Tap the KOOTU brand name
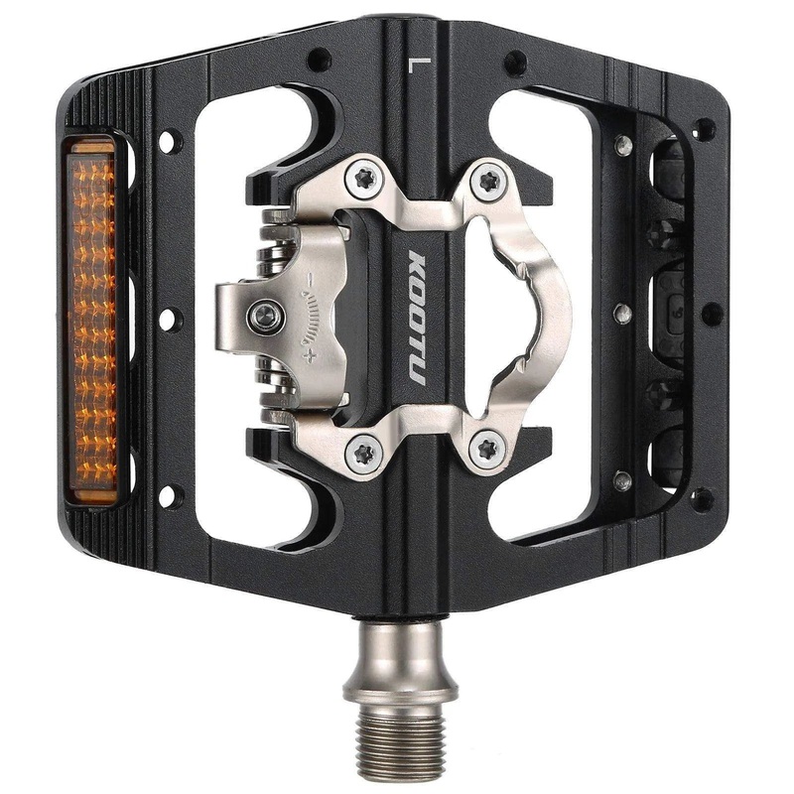416,319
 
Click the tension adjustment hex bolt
266,318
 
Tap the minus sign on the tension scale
311,281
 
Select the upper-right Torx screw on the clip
487,181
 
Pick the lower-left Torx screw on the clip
363,453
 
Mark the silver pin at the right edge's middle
622,315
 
